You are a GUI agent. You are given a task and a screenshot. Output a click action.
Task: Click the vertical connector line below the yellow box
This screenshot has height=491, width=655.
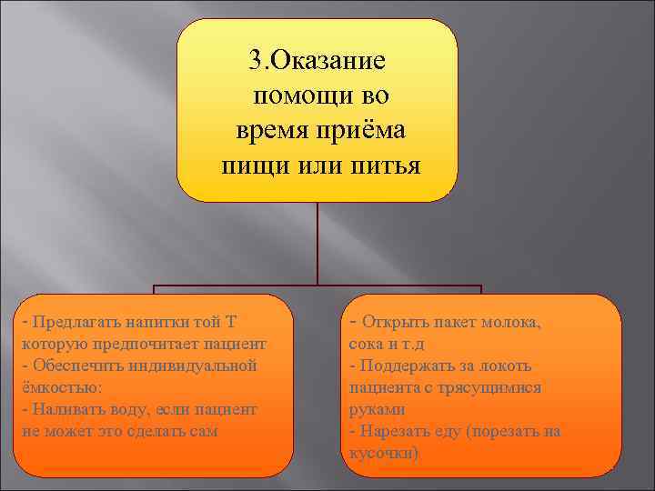(317, 241)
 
